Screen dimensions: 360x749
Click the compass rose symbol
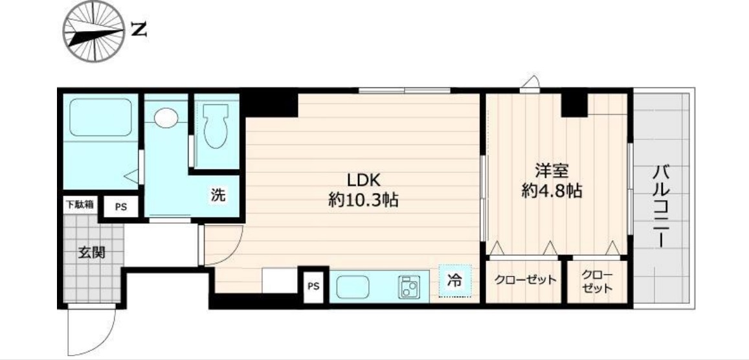pyautogui.click(x=93, y=30)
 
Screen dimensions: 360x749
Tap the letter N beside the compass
pyautogui.click(x=138, y=29)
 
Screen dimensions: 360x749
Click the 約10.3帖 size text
pyautogui.click(x=363, y=200)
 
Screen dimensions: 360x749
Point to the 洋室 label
pyautogui.click(x=551, y=172)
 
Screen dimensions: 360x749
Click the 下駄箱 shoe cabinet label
pyautogui.click(x=79, y=204)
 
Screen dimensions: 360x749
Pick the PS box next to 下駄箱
pyautogui.click(x=120, y=207)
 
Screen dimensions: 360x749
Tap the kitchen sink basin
pyautogui.click(x=353, y=285)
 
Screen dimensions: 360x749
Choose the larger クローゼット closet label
pyautogui.click(x=525, y=280)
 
